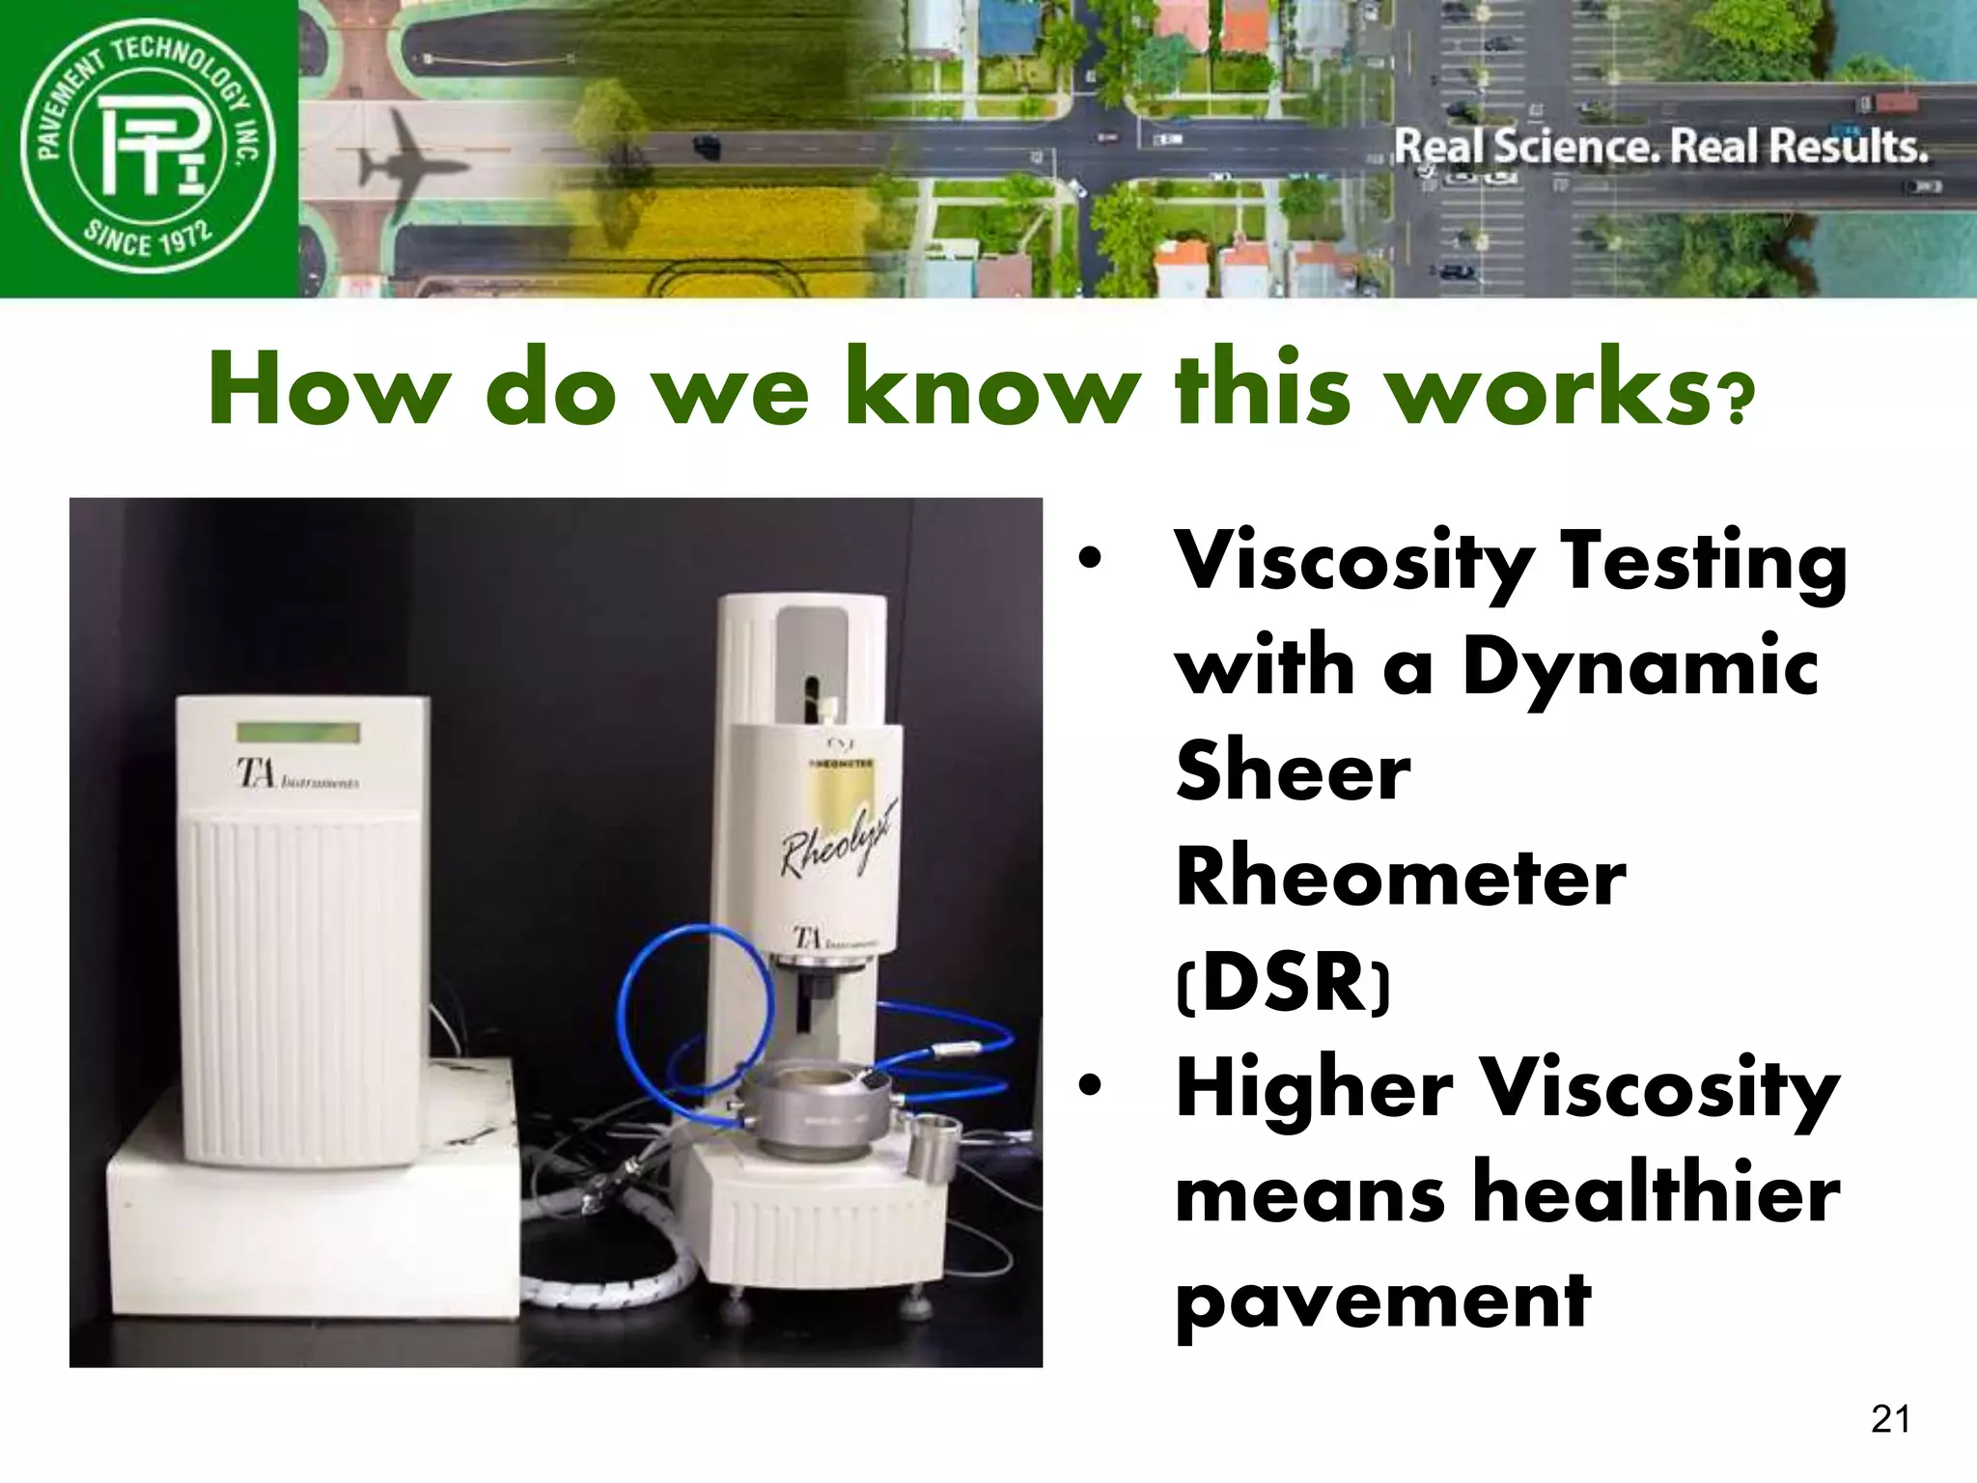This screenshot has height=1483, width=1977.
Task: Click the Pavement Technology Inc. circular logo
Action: tap(149, 148)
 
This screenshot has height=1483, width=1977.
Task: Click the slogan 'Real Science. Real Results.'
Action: tap(1660, 148)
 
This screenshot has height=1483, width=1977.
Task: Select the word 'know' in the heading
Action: tap(993, 389)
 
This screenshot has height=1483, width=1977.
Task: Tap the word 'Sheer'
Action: tap(1294, 771)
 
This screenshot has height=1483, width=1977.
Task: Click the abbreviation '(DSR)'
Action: tap(1284, 982)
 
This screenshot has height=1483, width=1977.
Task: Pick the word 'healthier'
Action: tap(1657, 1193)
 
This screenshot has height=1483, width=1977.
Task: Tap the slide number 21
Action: tap(1889, 1418)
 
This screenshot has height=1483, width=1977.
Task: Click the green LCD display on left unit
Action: tap(298, 733)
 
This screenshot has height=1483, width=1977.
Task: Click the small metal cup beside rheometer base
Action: tap(933, 1144)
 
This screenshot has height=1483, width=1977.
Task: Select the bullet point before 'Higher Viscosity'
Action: tap(1090, 1087)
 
